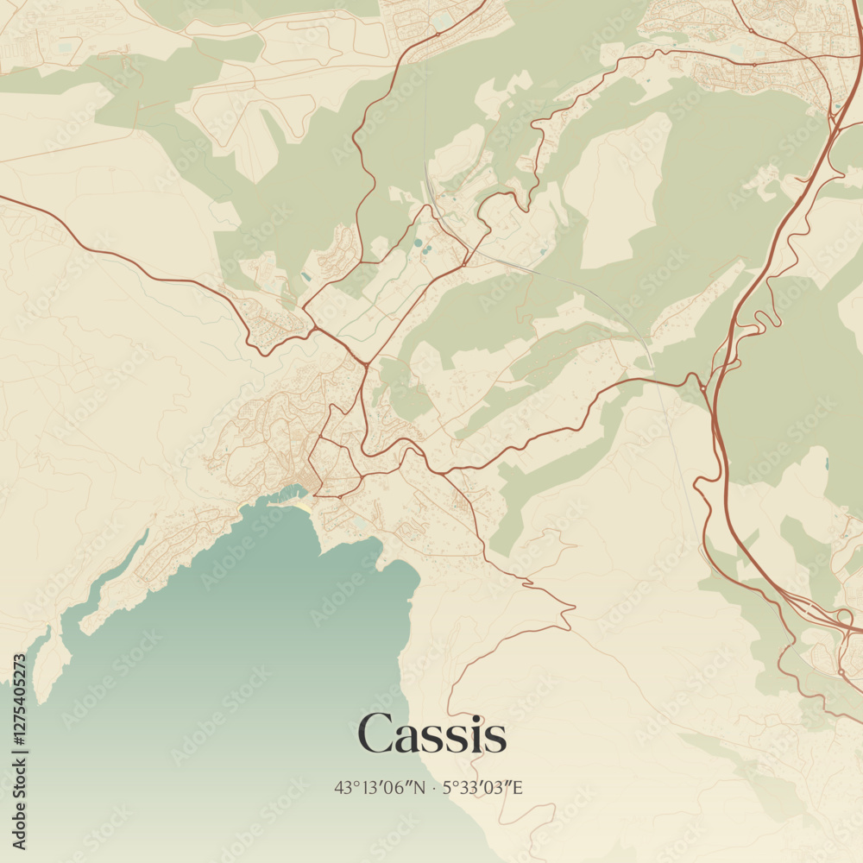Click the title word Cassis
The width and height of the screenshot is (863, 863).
pos(431,735)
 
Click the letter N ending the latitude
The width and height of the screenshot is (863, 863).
pos(419,787)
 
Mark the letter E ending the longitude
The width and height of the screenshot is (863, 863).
pos(519,787)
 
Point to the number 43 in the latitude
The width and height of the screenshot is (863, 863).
pos(343,787)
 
